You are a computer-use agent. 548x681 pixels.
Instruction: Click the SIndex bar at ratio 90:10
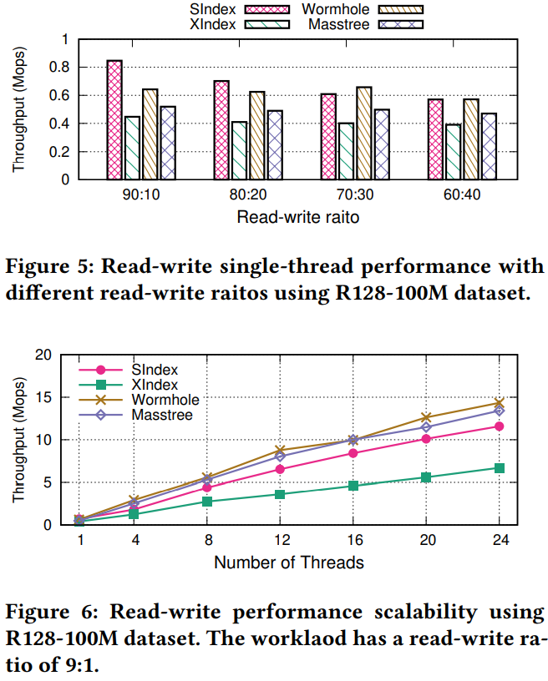tap(114, 120)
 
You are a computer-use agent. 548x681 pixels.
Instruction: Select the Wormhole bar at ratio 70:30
tap(363, 134)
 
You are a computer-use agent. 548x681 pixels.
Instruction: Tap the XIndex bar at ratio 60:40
tap(453, 152)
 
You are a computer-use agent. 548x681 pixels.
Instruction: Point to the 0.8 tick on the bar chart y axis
tap(61, 68)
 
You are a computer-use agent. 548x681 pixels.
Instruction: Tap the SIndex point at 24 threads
tap(499, 426)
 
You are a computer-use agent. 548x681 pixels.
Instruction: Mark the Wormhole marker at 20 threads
tap(426, 417)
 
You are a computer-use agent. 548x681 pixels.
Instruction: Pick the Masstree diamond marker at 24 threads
tap(499, 411)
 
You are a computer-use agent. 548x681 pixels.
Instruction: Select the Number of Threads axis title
tap(288, 562)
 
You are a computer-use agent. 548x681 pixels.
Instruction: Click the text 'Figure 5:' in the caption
tap(42, 267)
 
